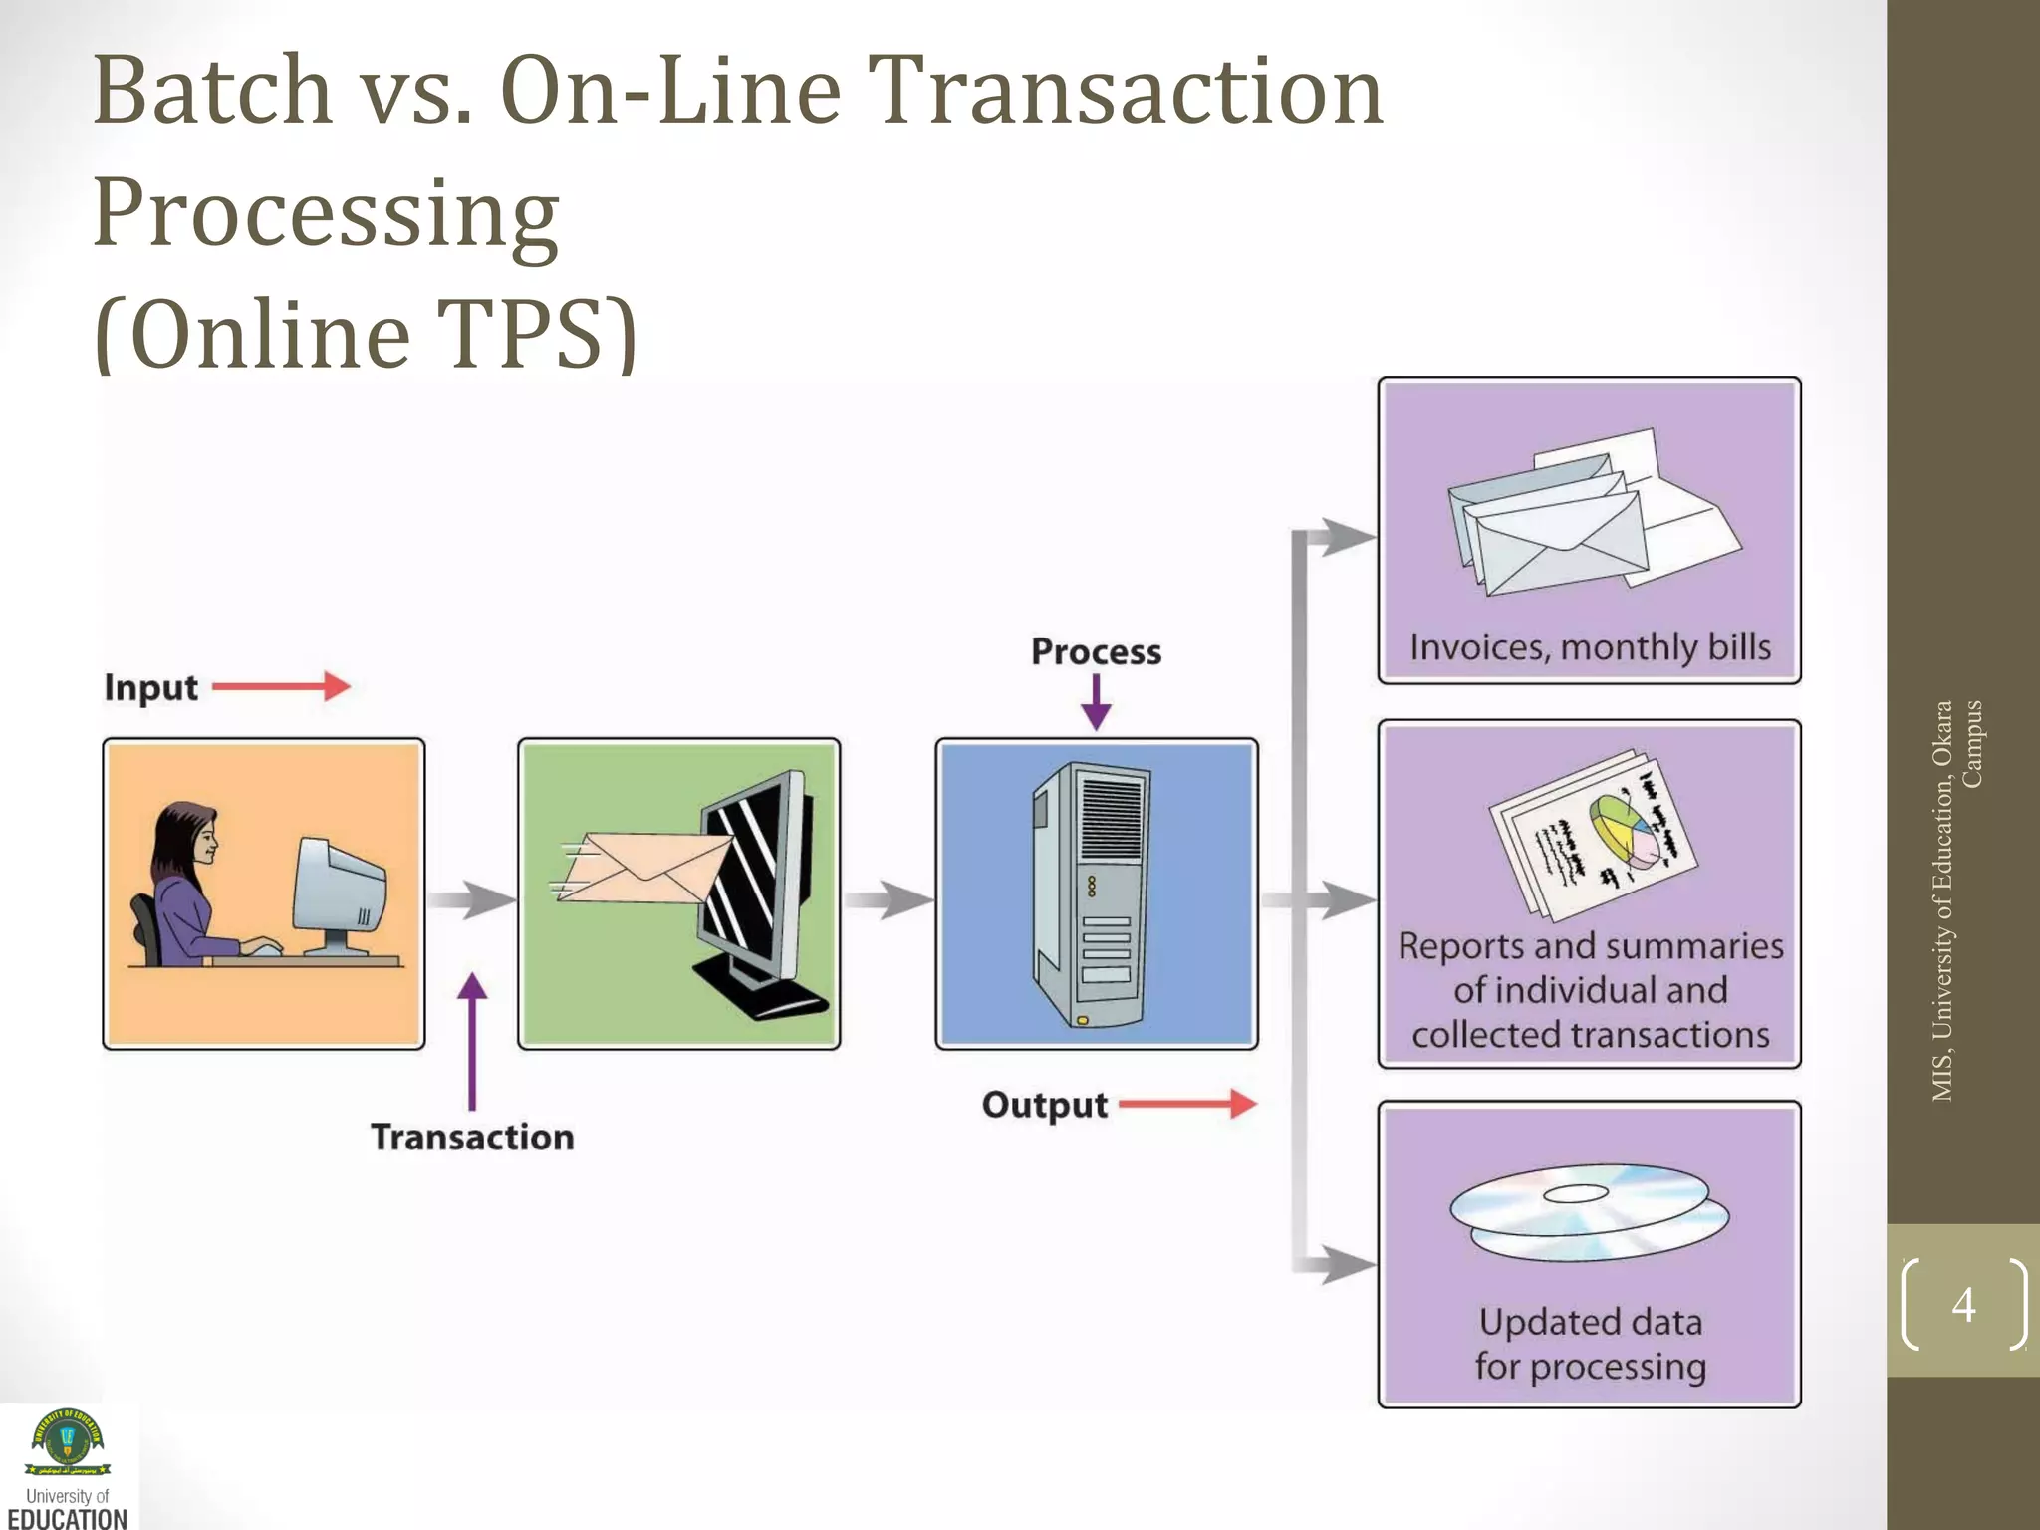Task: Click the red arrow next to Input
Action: pos(281,686)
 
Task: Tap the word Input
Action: pos(151,688)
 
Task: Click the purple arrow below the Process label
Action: pos(1096,702)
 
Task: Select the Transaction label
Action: pos(472,1137)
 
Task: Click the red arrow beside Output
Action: pos(1186,1104)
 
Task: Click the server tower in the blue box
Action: pos(1092,894)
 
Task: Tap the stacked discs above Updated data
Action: pos(1588,1211)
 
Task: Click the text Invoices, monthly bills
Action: pos(1590,647)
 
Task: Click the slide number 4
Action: pos(1963,1304)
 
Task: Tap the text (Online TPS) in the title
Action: pos(365,334)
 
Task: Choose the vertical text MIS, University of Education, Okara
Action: pos(1942,901)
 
